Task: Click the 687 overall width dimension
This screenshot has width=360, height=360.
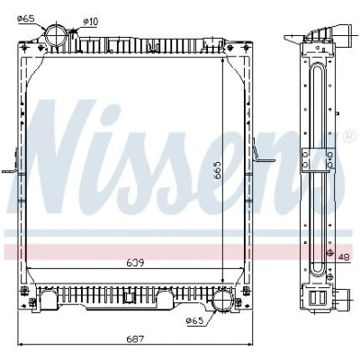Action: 135,339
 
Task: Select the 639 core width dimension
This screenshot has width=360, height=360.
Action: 135,263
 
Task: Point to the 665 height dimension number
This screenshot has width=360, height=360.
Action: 217,171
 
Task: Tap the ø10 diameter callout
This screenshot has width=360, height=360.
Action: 90,22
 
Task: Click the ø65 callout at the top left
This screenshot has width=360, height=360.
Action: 26,19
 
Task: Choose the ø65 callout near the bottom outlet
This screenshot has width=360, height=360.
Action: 194,321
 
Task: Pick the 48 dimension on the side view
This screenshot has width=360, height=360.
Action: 344,257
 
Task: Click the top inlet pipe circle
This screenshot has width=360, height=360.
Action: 56,35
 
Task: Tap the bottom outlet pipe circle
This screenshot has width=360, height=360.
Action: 223,300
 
